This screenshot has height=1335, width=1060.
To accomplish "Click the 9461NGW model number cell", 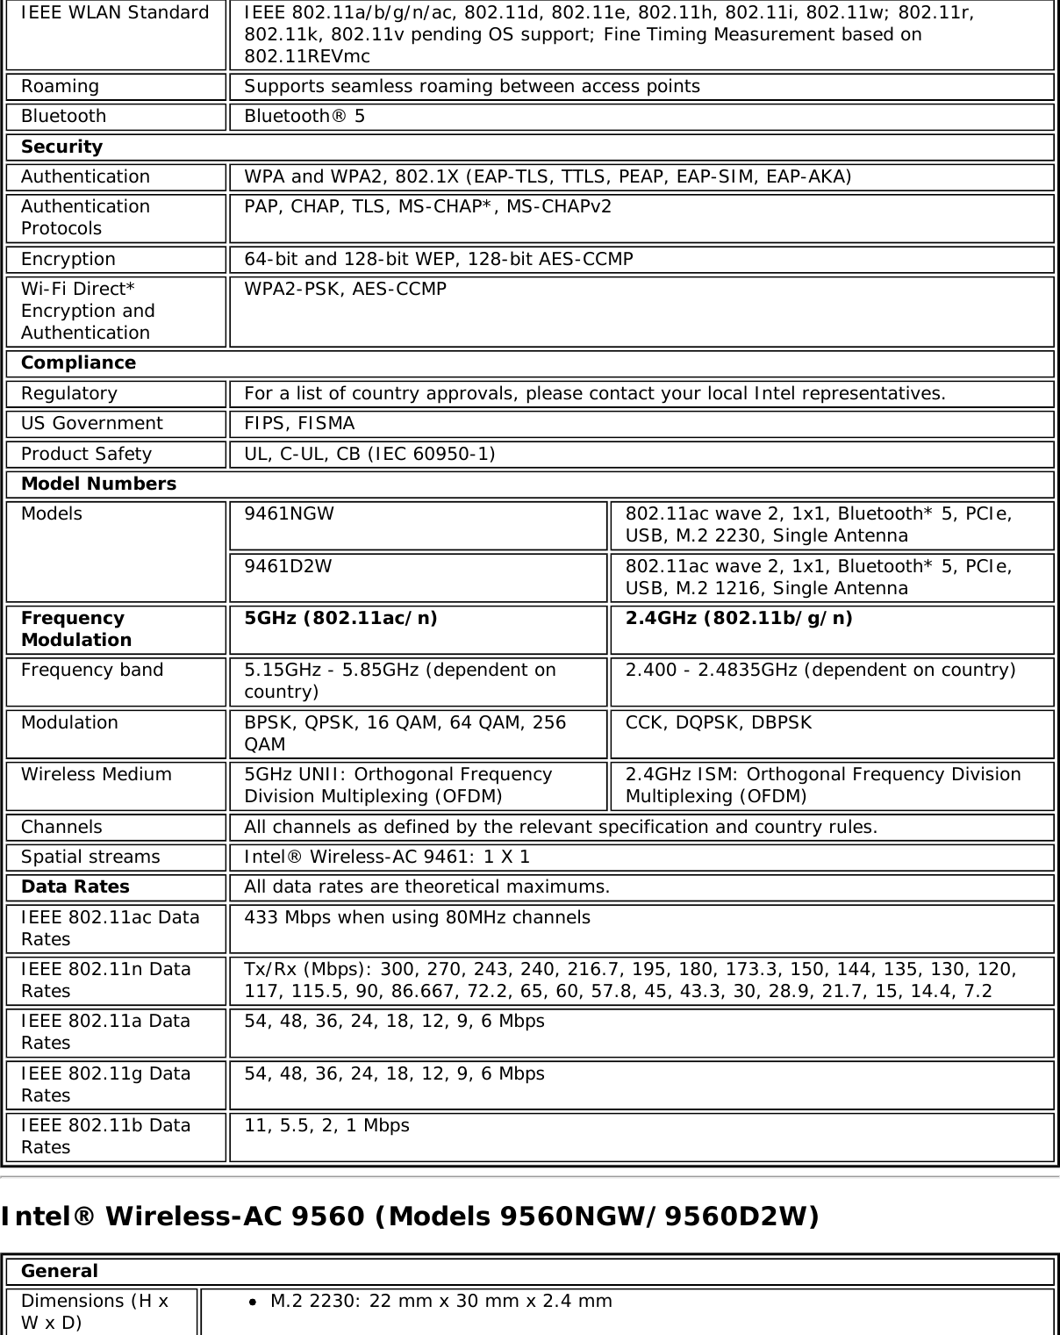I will coord(290,514).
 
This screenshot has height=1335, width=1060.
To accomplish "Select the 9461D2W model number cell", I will coord(289,566).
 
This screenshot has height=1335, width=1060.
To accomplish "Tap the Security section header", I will coord(61,147).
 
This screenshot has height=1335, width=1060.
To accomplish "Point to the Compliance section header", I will coord(78,362).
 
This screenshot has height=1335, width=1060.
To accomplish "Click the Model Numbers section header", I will coord(98,484).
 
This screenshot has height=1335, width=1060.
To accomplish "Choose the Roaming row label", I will coord(60,86).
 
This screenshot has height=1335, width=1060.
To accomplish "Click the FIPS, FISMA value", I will coord(299,423).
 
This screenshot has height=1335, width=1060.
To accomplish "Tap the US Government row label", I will coord(91,423).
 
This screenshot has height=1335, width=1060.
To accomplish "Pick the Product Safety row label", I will coord(86,454).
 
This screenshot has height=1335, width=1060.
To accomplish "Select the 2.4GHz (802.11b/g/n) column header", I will coord(739,618).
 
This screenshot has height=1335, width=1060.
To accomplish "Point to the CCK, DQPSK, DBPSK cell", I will coord(719,722).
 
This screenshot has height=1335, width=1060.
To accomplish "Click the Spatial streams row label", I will coord(90,857).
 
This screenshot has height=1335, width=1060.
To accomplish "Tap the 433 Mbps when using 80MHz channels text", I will coord(417,917).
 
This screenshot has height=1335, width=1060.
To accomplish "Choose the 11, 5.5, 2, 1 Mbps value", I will coord(326,1125).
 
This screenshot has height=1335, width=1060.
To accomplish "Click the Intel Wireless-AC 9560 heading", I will coord(410,1217).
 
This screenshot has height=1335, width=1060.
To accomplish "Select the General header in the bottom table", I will coord(60,1271).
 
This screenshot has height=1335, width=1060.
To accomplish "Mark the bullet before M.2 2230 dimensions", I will coord(253,1302).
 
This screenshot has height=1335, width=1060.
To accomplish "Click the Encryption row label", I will coord(68,259).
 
